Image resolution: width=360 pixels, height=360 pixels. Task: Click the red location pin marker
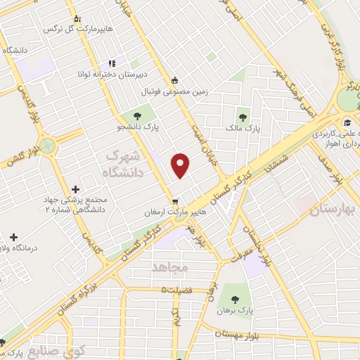pos(181,165)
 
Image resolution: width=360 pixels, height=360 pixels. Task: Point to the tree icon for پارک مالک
pos(243,117)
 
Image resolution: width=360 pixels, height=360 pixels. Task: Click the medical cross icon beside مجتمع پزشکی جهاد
pos(75,189)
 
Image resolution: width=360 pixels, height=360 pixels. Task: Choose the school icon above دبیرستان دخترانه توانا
pos(112,63)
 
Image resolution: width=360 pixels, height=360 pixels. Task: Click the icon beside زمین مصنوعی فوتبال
pos(175,79)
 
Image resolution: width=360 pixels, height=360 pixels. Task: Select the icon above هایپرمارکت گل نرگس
pos(76,20)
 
